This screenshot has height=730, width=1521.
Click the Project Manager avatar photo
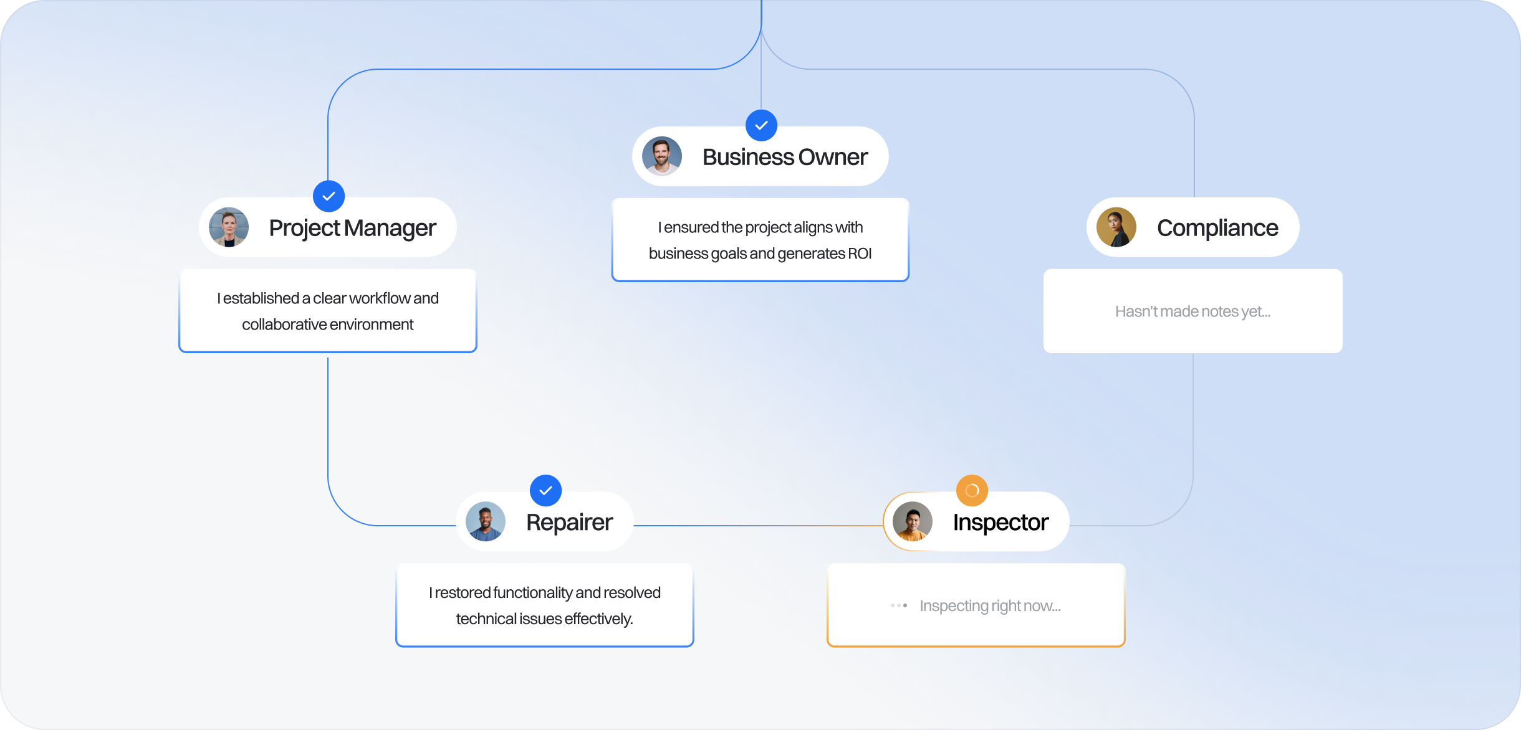229,227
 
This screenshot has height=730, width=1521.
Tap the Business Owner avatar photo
662,156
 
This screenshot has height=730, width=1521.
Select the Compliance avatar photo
1116,227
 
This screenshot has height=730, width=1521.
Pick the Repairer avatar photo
486,522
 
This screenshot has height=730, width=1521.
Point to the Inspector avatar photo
913,522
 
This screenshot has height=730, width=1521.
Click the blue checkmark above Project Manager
329,196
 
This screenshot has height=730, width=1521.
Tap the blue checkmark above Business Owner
761,125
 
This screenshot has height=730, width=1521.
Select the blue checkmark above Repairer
545,491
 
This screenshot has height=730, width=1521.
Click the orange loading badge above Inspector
972,491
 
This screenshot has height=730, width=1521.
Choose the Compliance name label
1217,228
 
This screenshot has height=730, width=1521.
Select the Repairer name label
569,523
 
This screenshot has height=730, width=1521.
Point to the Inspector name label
1000,523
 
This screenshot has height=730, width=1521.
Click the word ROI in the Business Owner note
860,254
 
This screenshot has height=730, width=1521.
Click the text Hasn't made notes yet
1192,311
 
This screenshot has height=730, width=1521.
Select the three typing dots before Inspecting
899,605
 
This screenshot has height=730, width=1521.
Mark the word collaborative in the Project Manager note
284,325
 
